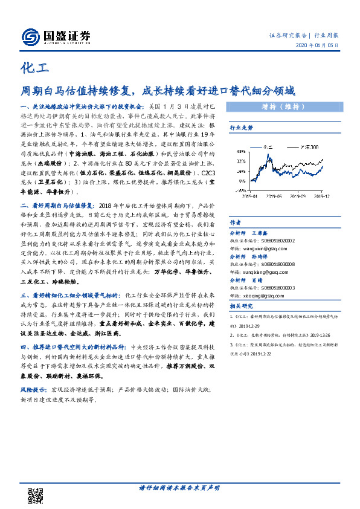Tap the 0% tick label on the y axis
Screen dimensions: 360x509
241,180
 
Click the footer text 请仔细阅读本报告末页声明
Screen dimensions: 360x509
179,487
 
